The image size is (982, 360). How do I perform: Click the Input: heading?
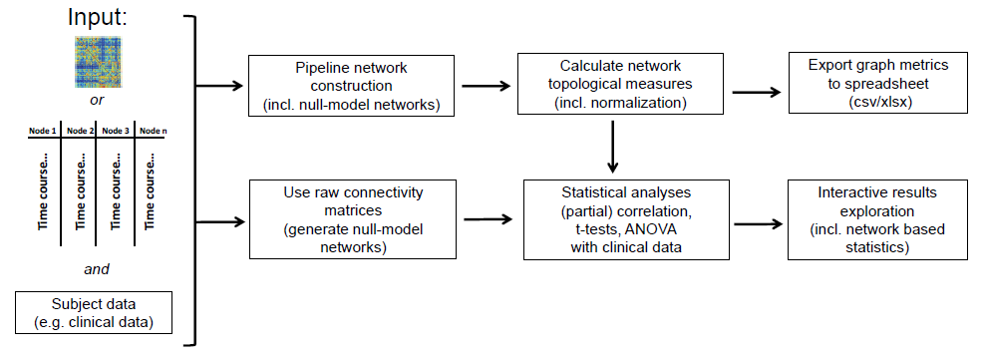click(x=98, y=17)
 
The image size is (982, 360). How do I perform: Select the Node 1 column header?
click(x=43, y=131)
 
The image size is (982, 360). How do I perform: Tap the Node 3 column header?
click(x=116, y=131)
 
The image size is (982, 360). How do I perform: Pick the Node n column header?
click(x=151, y=131)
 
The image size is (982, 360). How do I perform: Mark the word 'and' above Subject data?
click(x=96, y=268)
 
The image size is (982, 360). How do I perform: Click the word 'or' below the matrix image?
click(x=97, y=101)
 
